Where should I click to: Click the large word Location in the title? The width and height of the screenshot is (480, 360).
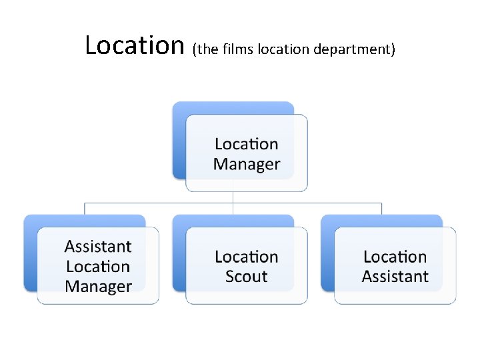point(135,45)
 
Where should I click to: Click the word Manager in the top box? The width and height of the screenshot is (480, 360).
point(247,164)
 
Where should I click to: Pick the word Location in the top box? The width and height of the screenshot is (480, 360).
point(247,144)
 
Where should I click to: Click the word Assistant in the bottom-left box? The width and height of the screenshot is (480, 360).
point(98,247)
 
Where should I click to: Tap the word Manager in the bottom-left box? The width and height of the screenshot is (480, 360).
point(98,287)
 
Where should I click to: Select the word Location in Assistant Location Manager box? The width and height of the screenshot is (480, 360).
point(98,267)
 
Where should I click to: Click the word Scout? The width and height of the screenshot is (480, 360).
point(247,277)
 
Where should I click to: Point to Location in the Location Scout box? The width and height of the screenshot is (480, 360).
point(247,257)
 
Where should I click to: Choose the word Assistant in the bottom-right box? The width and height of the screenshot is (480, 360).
point(395,277)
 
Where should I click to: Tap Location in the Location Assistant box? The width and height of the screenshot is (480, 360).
point(395,257)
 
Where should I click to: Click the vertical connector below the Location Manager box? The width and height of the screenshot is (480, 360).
point(233,197)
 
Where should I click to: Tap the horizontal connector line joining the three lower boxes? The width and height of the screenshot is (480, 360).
point(160,202)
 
